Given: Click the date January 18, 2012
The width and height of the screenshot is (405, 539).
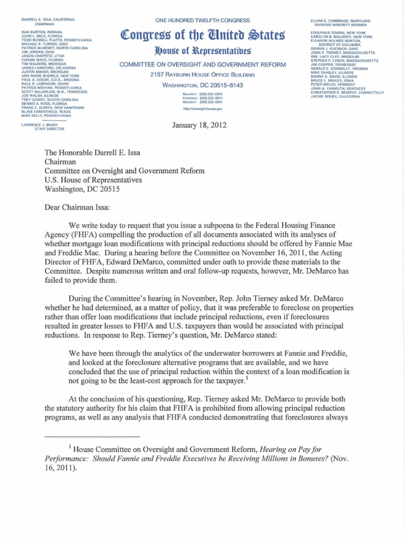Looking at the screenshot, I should coord(202,124).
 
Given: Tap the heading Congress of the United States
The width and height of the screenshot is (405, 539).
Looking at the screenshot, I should coord(202,36).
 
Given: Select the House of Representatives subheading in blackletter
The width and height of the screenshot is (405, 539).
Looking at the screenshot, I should coord(202,51).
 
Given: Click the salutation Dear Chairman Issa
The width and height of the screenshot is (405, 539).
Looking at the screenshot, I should coord(76,193).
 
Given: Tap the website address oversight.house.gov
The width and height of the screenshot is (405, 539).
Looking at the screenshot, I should coord(202,108).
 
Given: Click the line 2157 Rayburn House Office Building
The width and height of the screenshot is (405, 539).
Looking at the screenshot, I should coord(202,74).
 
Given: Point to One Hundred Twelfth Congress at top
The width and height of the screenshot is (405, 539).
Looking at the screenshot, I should coord(202,20).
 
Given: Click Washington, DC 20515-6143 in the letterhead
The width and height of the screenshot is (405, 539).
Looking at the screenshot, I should coord(202,85).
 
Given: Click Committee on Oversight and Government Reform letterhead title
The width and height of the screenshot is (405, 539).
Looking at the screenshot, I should coord(202,64).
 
